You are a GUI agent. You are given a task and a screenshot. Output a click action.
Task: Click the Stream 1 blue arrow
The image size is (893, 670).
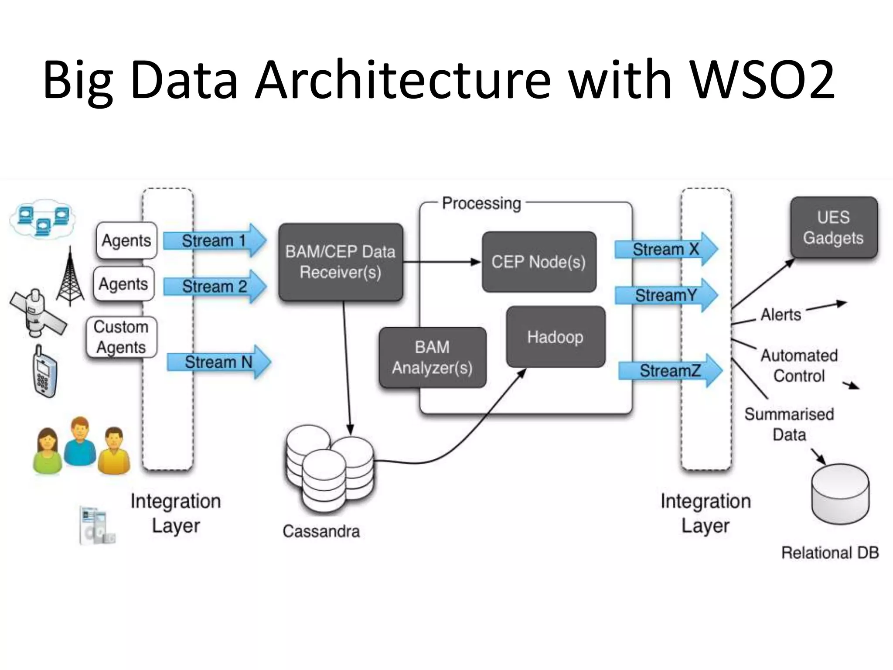pos(214,240)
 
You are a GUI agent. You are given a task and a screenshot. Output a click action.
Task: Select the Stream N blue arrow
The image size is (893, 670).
pos(218,362)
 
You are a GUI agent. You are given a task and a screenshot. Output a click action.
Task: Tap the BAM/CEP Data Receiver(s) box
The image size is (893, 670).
pos(341,262)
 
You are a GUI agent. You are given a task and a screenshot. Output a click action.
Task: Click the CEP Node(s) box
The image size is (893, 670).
pos(539,262)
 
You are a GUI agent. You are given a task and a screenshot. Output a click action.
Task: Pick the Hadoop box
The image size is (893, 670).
pos(556,337)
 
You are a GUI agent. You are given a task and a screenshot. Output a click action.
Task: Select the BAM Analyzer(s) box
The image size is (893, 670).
pos(432,358)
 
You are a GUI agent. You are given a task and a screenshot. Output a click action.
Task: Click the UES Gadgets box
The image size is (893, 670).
pos(834,228)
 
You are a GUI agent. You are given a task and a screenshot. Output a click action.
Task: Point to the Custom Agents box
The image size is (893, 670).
pos(121,337)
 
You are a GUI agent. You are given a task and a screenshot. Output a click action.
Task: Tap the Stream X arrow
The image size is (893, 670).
pos(665,250)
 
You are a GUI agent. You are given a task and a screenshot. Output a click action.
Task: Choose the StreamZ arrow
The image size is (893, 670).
pos(670,371)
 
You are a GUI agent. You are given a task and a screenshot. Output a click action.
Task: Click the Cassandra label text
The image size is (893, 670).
pos(321,531)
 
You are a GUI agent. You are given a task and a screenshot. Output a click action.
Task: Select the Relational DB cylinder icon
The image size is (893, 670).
pos(840,494)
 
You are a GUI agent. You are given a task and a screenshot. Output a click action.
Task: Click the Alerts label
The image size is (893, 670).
pos(781,314)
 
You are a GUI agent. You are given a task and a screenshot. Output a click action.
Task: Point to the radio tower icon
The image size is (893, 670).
pos(70,277)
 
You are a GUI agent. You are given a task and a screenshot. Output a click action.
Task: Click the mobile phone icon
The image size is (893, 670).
pos(45,372)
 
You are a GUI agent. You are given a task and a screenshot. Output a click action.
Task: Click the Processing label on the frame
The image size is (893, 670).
pos(481,203)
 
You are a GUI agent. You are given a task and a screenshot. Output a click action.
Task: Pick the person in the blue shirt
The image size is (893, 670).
pos(80,441)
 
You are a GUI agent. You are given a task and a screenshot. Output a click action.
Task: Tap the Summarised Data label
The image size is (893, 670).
pos(789,424)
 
